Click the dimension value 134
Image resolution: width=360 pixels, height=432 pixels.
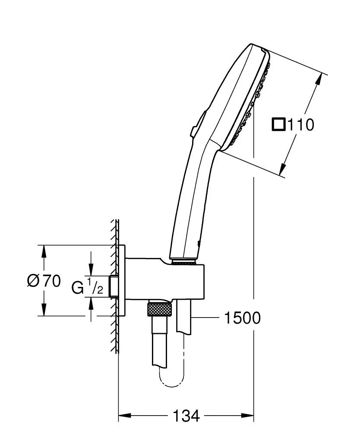[186, 416]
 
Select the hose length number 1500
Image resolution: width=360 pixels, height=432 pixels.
[242, 318]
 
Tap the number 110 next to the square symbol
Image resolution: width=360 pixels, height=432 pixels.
[301, 125]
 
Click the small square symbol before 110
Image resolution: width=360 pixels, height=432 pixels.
[279, 125]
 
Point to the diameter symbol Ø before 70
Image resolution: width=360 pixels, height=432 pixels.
[34, 281]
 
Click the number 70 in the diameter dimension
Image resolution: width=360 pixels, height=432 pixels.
[51, 281]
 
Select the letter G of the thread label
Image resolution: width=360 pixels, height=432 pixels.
[77, 287]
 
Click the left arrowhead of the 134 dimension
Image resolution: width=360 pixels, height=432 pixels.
[124, 416]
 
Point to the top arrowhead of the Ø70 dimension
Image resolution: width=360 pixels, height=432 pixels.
[44, 251]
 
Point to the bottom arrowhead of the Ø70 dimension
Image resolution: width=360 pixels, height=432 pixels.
[44, 310]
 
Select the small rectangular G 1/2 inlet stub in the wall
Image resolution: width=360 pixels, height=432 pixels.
[114, 286]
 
